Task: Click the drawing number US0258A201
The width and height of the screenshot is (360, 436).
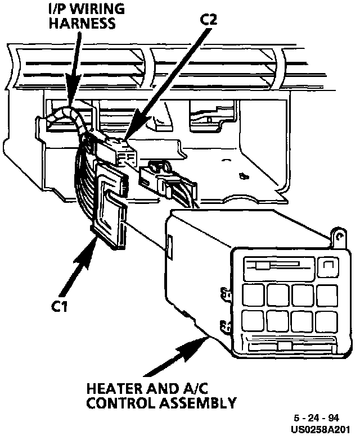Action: click(325, 428)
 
